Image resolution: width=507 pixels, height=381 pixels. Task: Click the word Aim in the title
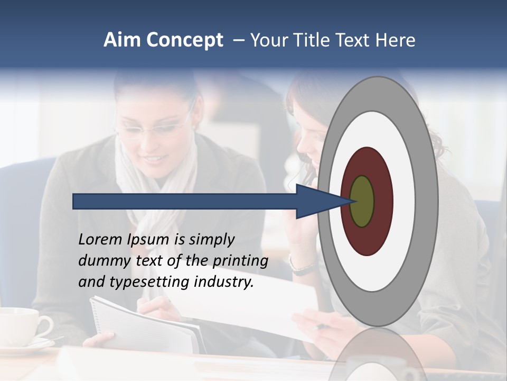tap(122, 40)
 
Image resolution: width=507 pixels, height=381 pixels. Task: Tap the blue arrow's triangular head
tap(317, 201)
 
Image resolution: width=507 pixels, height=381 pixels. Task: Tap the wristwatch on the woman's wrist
tap(302, 266)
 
